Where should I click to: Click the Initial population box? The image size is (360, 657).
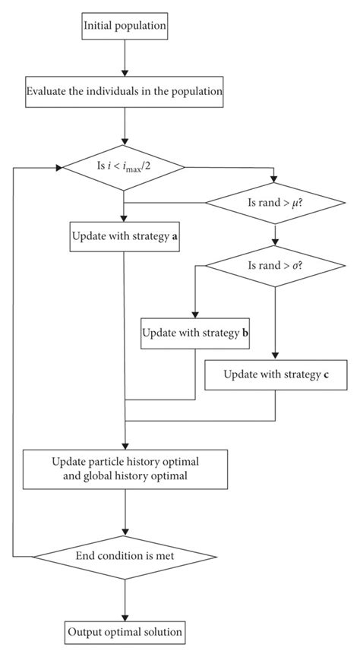[x=123, y=29]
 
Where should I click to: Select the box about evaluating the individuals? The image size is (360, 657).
[x=123, y=93]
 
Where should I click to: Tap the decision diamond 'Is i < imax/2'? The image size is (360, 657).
[x=123, y=166]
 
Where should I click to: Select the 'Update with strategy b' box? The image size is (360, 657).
[x=194, y=333]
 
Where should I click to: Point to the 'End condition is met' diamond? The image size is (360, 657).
[x=123, y=556]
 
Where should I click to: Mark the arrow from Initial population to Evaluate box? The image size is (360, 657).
[x=123, y=59]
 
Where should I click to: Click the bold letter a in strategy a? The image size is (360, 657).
[x=176, y=236]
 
